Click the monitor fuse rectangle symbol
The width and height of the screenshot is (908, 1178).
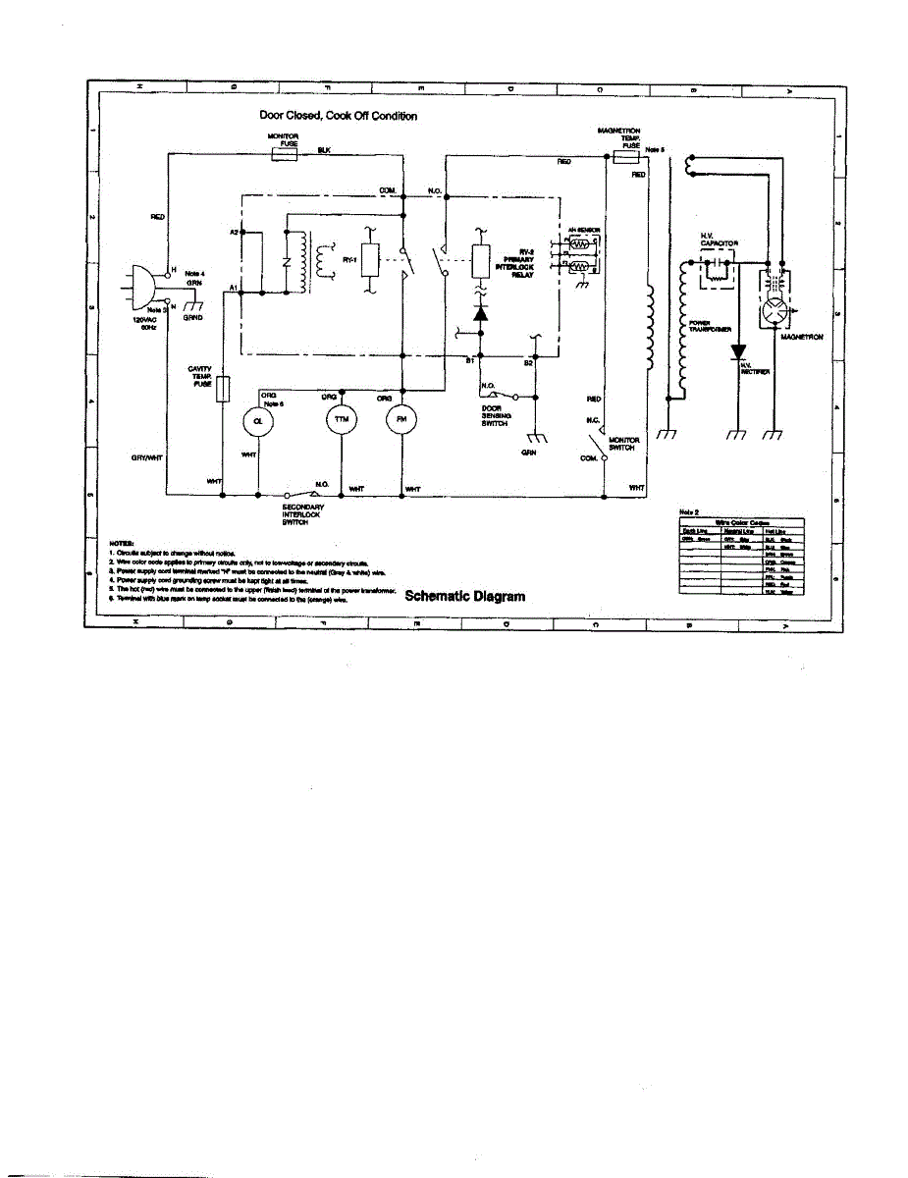(x=284, y=154)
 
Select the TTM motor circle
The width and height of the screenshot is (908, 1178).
(x=340, y=419)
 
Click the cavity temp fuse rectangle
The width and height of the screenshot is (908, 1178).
(x=224, y=389)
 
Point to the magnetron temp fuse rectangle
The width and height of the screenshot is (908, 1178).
(x=625, y=155)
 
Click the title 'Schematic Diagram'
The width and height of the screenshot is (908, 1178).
(x=464, y=596)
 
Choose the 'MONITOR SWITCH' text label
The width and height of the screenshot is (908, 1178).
(x=624, y=444)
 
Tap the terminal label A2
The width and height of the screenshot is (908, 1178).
(x=235, y=233)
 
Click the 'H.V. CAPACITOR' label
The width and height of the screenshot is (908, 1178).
(x=719, y=239)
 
